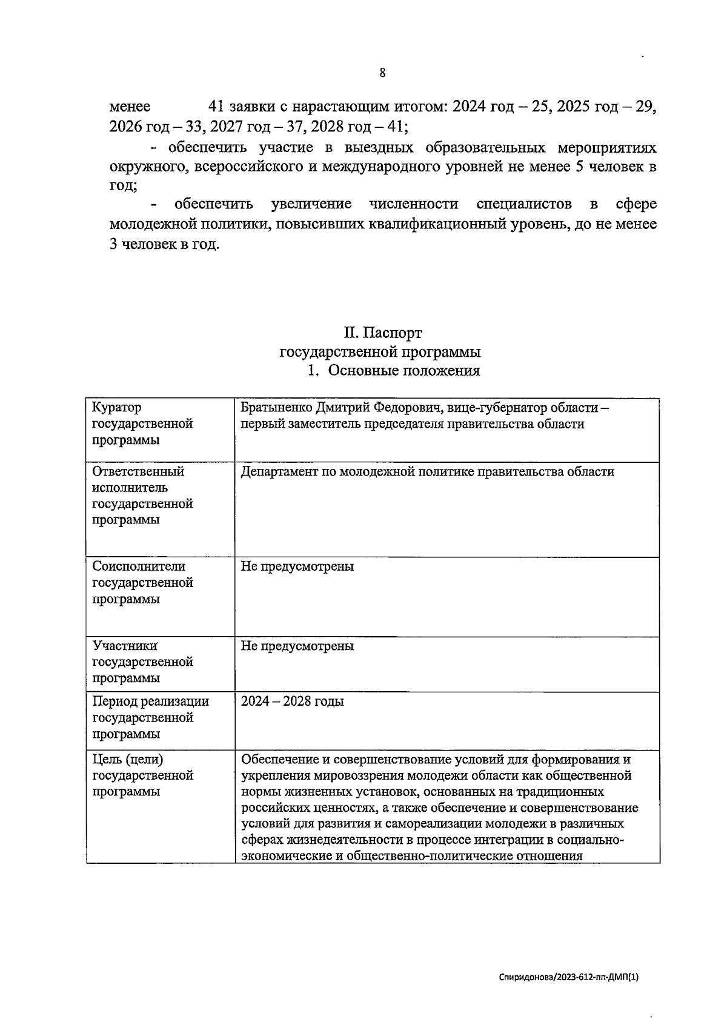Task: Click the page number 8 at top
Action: point(382,73)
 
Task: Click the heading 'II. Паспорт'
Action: point(382,333)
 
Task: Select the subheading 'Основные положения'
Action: point(403,371)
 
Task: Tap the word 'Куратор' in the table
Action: point(116,408)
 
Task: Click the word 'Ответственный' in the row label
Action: point(138,471)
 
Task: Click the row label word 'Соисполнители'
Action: point(139,566)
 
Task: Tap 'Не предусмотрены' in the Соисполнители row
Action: point(297,566)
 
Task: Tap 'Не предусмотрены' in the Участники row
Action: point(297,646)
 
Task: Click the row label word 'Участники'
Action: point(125,646)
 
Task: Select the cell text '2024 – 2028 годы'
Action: point(292,701)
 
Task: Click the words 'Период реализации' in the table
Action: point(150,701)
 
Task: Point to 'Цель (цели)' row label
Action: point(128,759)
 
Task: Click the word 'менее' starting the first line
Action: point(130,107)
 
